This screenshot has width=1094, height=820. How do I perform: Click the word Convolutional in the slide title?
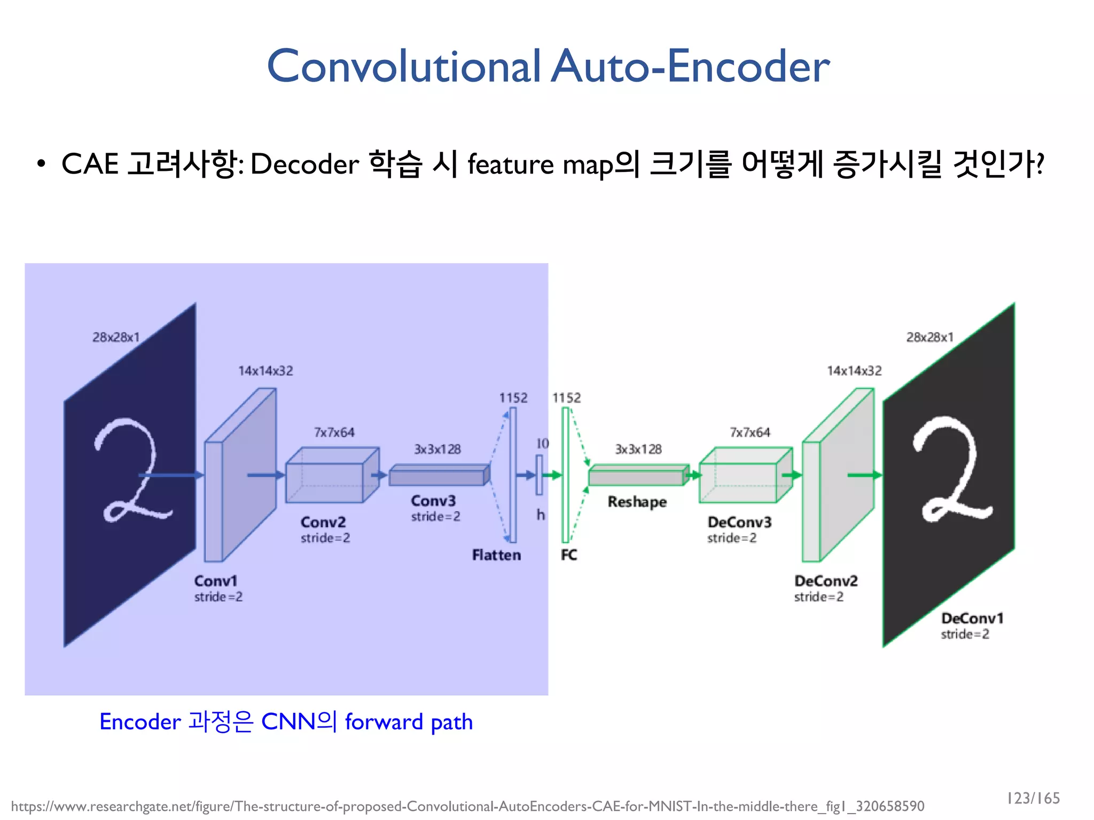pos(404,67)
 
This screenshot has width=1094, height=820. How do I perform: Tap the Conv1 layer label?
pos(215,581)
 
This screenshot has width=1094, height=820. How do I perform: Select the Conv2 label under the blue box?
pos(323,522)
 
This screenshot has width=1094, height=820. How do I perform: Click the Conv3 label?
pos(433,501)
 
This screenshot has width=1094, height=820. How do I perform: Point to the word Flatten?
pos(496,555)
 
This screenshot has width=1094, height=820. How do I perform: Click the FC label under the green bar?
pos(569,555)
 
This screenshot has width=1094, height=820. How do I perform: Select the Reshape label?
pos(637,502)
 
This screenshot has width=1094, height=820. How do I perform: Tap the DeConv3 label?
pos(740,522)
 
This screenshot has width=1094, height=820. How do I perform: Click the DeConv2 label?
pos(826,581)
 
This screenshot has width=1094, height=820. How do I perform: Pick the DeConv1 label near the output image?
pos(972,618)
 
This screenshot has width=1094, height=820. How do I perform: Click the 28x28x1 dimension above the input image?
pos(116,337)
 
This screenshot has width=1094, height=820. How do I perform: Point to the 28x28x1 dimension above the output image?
pos(929,337)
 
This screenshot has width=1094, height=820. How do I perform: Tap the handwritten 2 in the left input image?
pos(131,470)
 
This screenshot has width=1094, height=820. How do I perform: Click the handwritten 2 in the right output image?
pos(951,470)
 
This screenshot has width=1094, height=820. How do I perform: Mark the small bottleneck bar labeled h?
pos(540,475)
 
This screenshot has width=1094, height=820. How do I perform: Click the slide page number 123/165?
pos(1033,798)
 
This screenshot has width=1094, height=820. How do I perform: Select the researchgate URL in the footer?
pos(467,806)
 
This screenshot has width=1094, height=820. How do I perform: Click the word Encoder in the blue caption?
pos(140,722)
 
